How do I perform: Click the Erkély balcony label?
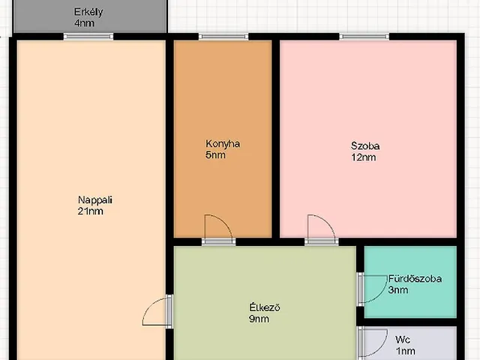coord(88,12)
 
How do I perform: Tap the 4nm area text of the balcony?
coord(84,23)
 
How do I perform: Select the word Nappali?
coord(95,200)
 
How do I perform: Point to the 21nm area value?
coord(90,211)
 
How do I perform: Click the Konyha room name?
coord(223,144)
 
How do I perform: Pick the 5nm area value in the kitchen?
coord(215,155)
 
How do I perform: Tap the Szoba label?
coord(365,145)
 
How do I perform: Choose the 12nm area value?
coord(363,157)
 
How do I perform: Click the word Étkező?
coord(265,307)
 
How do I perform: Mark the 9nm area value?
coord(259,319)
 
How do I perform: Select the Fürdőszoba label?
coord(415,278)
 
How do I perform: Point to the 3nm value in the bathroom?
coord(398,290)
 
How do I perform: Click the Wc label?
coord(403,340)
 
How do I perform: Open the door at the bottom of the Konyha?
coord(218,230)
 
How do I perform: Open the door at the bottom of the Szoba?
coord(322,230)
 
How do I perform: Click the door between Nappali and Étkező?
coord(157,311)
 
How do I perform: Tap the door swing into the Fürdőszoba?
coord(373,289)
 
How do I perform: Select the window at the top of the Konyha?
coord(223,37)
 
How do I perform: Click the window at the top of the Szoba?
coord(364,37)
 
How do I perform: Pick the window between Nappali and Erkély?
coord(88,37)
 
